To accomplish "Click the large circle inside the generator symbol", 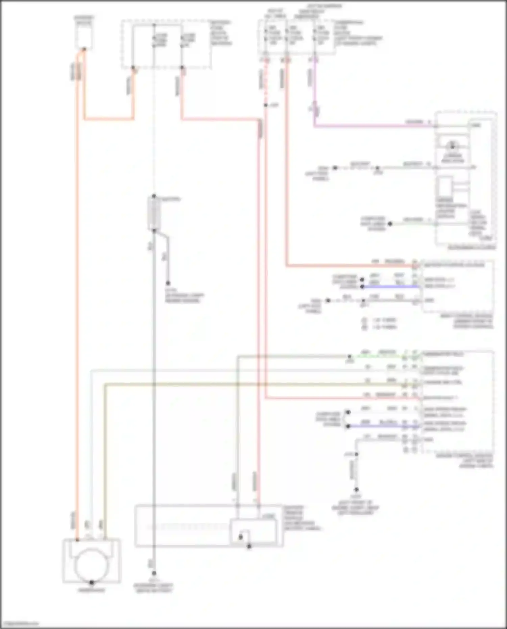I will (91, 565).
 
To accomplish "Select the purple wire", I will (372, 126).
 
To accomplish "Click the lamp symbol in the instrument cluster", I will (452, 146).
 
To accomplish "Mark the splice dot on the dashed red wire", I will (266, 105).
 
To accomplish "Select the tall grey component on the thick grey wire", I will (154, 213).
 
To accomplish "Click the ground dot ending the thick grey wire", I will (154, 573).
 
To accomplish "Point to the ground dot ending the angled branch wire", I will (168, 283).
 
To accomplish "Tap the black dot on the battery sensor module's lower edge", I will (249, 546).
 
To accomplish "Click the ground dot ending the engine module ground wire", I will (356, 490).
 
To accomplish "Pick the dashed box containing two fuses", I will (166, 44).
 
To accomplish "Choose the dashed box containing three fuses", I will (296, 37).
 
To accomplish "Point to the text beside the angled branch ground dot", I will (184, 295).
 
